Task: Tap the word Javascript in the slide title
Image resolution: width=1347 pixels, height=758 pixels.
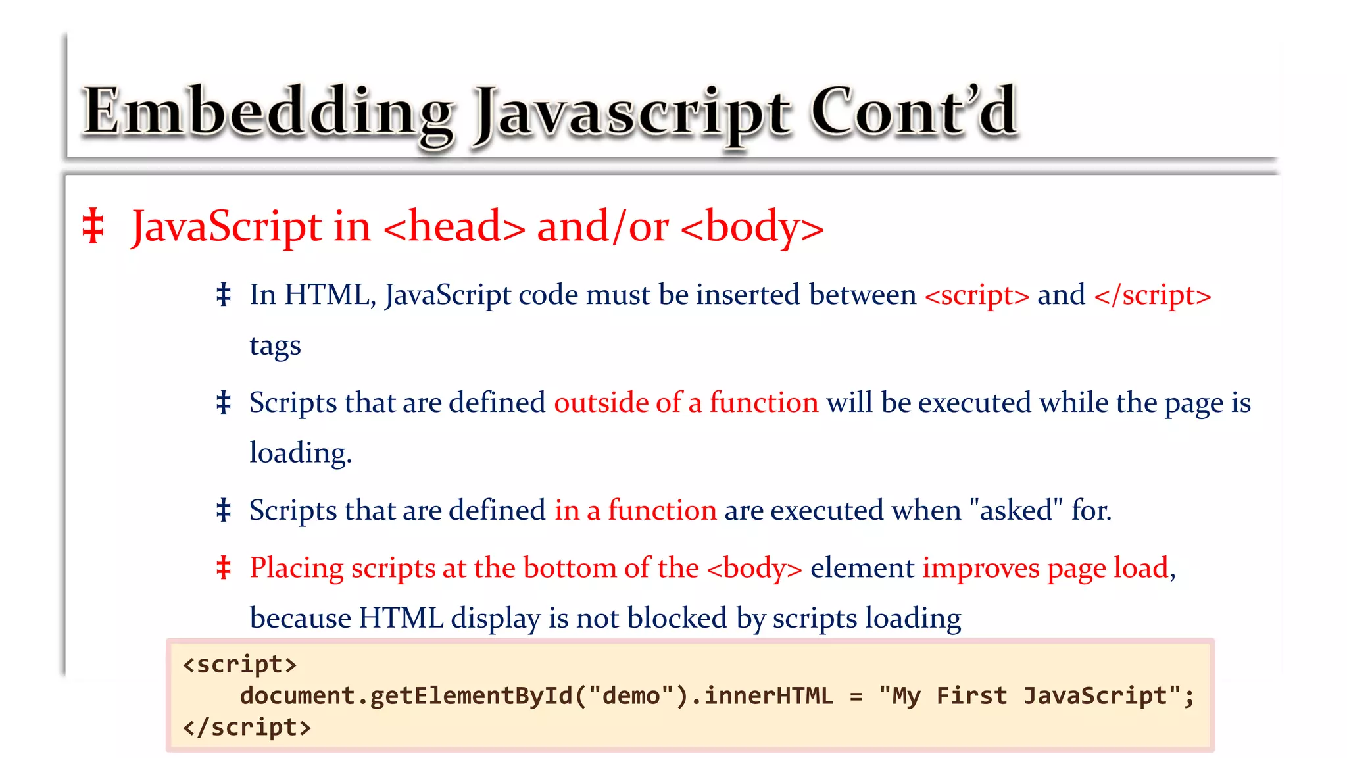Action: (x=632, y=116)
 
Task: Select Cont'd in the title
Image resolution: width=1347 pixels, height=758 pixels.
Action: (x=914, y=112)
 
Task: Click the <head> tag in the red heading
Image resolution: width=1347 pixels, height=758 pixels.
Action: (x=454, y=227)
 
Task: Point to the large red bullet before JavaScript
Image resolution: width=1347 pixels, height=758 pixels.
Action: (x=93, y=226)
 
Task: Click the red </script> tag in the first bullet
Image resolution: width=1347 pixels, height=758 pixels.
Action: (x=1152, y=295)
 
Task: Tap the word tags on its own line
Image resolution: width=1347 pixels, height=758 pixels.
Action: (x=275, y=345)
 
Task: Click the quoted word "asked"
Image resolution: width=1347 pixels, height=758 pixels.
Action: (x=1016, y=511)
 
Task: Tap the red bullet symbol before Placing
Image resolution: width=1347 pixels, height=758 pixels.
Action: (x=224, y=568)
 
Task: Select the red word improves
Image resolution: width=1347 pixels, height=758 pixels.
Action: (x=981, y=568)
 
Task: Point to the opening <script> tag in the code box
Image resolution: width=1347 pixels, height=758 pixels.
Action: (x=239, y=665)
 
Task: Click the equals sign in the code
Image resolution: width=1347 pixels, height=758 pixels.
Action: (x=856, y=696)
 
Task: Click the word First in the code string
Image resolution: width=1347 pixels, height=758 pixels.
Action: (x=971, y=696)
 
